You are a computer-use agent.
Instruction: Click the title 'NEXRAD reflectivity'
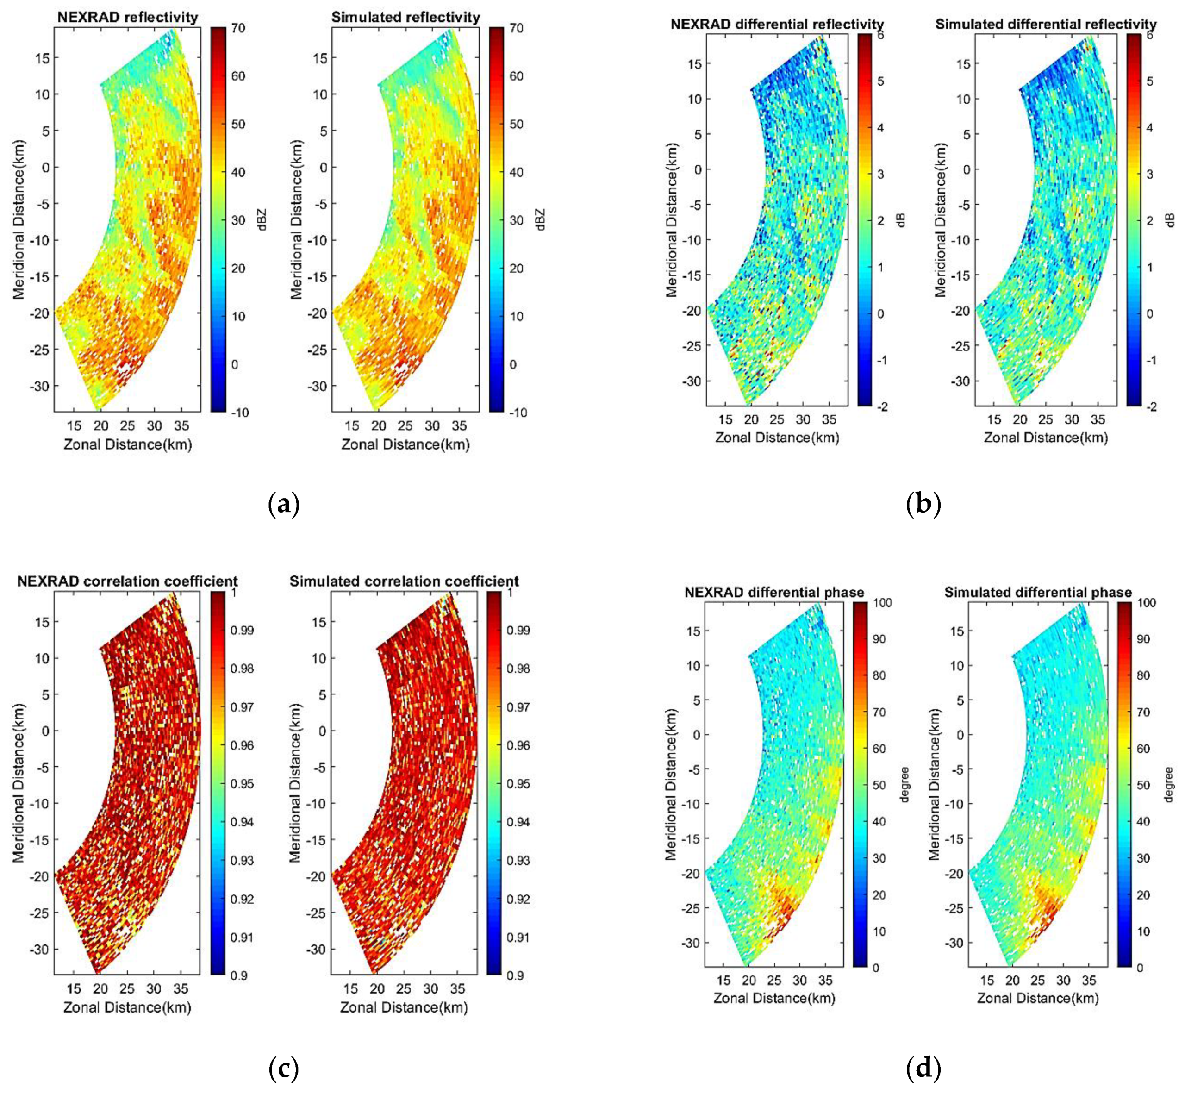pyautogui.click(x=127, y=17)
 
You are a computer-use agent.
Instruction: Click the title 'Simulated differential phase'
pyautogui.click(x=1038, y=592)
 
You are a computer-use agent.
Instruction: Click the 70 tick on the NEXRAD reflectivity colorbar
pyautogui.click(x=238, y=28)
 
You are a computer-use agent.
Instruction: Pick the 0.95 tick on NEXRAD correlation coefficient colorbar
pyautogui.click(x=242, y=784)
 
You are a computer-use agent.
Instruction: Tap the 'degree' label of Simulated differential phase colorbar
pyautogui.click(x=1168, y=784)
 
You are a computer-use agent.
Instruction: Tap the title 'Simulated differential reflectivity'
pyautogui.click(x=1045, y=24)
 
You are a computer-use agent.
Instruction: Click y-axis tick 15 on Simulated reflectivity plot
pyautogui.click(x=320, y=57)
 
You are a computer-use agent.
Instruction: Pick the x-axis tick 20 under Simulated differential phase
pyautogui.click(x=1012, y=980)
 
